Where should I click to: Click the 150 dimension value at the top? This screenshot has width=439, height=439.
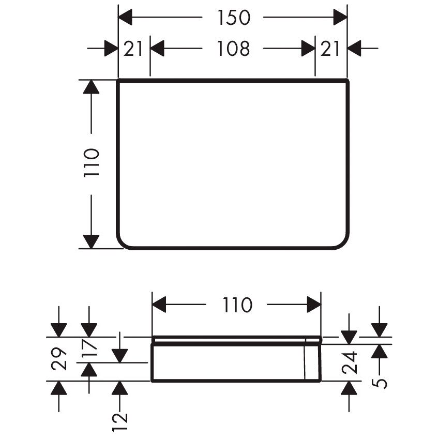tap(234, 18)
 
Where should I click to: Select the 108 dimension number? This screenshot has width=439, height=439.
tap(234, 49)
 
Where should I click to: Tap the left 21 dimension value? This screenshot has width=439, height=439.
tap(133, 49)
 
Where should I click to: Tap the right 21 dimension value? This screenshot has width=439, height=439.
tap(330, 49)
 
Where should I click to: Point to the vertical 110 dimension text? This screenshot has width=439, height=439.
tap(92, 163)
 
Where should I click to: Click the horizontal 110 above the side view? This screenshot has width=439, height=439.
tap(237, 305)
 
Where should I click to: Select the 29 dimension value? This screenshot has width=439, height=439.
tap(59, 359)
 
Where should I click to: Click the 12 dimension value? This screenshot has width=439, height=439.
tap(120, 422)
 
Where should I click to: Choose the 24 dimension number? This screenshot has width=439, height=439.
tap(350, 362)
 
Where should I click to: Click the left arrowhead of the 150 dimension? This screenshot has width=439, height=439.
tap(125, 18)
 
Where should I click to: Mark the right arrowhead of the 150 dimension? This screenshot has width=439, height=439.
tap(340, 18)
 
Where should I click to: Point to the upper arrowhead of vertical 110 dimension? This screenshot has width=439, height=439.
tap(92, 87)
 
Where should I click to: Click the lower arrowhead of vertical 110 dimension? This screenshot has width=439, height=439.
tap(92, 241)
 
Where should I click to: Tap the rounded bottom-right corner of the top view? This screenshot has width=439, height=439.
tap(343, 243)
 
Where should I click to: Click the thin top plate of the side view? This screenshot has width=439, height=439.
tap(237, 340)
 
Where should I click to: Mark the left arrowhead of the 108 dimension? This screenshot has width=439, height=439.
tap(157, 49)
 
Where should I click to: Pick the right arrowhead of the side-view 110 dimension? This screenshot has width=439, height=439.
tap(314, 305)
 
